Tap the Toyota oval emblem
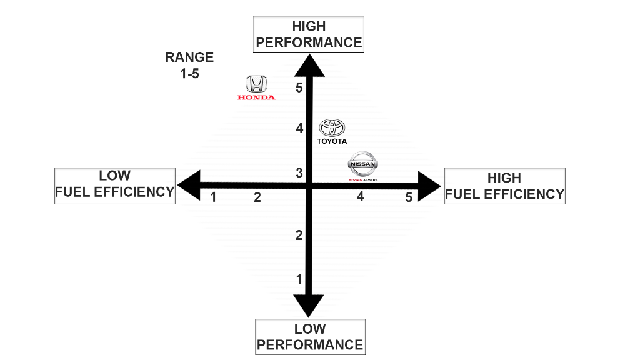[x=332, y=127]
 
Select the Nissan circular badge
[x=362, y=165]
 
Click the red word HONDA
[x=256, y=97]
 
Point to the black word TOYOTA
[x=332, y=141]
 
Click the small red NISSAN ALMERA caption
[x=363, y=180]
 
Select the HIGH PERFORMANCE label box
[x=309, y=34]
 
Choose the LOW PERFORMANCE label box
[x=310, y=337]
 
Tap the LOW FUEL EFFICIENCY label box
[x=115, y=185]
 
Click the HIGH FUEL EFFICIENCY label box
[x=504, y=186]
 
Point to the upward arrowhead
[x=309, y=65]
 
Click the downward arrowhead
[x=309, y=306]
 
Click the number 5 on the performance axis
[x=299, y=87]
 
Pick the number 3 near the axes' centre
[x=299, y=172]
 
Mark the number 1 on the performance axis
[x=299, y=279]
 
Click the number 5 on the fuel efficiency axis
[x=409, y=197]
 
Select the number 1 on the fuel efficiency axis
[x=214, y=197]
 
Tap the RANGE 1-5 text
[x=189, y=64]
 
